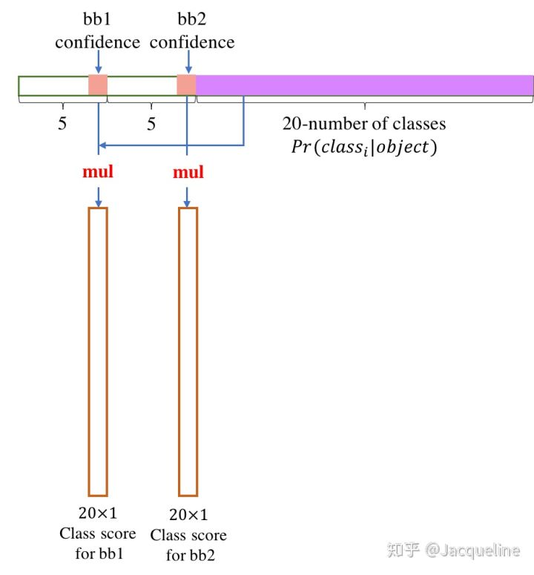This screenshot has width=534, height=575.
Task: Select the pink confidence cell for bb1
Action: pyautogui.click(x=98, y=85)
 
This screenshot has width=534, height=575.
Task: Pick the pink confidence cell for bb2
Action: pyautogui.click(x=186, y=85)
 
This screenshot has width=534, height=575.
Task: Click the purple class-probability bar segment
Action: pyautogui.click(x=364, y=85)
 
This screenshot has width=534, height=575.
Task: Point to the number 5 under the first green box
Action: pyautogui.click(x=62, y=124)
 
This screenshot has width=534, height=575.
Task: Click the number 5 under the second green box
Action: pyautogui.click(x=151, y=124)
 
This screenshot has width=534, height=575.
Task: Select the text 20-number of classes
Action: pyautogui.click(x=364, y=122)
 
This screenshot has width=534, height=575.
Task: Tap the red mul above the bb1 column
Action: pyautogui.click(x=98, y=173)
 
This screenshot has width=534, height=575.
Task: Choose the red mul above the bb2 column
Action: pyautogui.click(x=188, y=173)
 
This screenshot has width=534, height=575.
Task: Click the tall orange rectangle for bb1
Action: pyautogui.click(x=98, y=351)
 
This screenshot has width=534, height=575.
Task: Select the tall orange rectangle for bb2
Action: pyautogui.click(x=188, y=351)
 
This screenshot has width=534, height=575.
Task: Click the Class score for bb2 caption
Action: pyautogui.click(x=188, y=535)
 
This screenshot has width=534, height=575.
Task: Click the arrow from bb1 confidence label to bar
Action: pyautogui.click(x=98, y=62)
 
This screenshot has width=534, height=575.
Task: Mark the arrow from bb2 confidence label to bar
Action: pyautogui.click(x=186, y=62)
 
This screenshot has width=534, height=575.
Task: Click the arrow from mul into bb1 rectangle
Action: pyautogui.click(x=98, y=196)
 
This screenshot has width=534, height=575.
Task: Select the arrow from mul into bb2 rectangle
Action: pyautogui.click(x=187, y=196)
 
